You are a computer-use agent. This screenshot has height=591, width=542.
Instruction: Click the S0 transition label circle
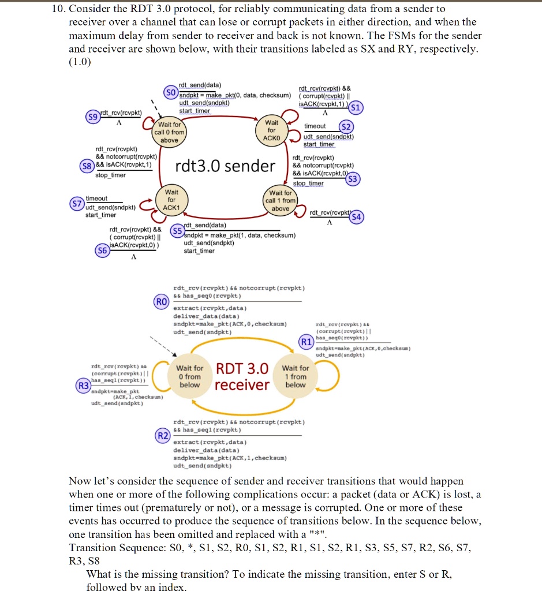click(170, 92)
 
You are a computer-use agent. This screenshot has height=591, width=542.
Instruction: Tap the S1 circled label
click(356, 107)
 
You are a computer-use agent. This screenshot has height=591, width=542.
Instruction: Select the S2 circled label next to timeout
click(346, 126)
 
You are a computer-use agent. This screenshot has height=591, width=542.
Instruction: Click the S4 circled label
click(357, 218)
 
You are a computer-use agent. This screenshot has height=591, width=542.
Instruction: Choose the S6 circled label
click(102, 250)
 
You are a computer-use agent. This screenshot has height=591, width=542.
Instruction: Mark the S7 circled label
click(76, 203)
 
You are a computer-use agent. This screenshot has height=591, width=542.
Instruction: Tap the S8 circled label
click(87, 165)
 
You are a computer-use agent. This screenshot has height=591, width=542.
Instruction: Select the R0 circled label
click(161, 301)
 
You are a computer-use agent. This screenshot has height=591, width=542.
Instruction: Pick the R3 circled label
click(84, 385)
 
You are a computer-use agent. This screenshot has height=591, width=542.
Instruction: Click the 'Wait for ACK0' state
click(271, 130)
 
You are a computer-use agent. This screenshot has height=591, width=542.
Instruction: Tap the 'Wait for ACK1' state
click(172, 200)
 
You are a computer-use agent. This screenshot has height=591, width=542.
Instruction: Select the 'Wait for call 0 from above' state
click(169, 132)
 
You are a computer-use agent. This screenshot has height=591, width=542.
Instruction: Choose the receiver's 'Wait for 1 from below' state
click(296, 376)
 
